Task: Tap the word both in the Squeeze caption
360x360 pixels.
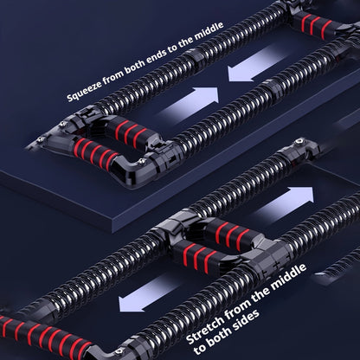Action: point(137,68)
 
